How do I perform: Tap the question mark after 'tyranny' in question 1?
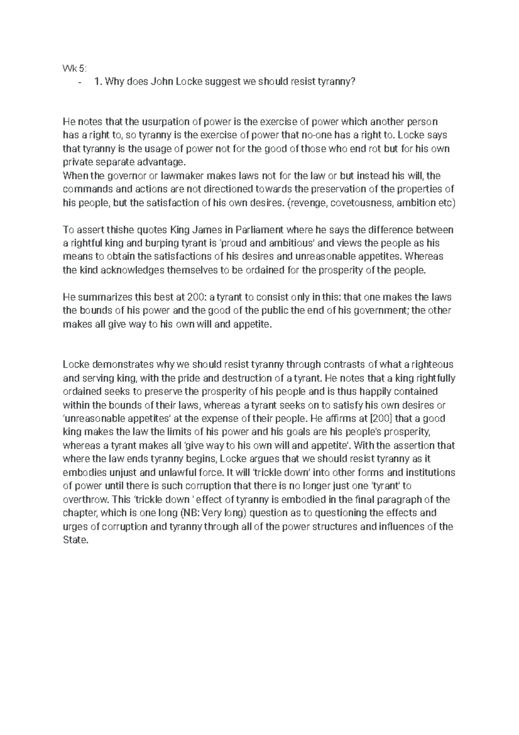point(356,82)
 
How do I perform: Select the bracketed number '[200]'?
point(381,419)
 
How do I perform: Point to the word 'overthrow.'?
point(84,500)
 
